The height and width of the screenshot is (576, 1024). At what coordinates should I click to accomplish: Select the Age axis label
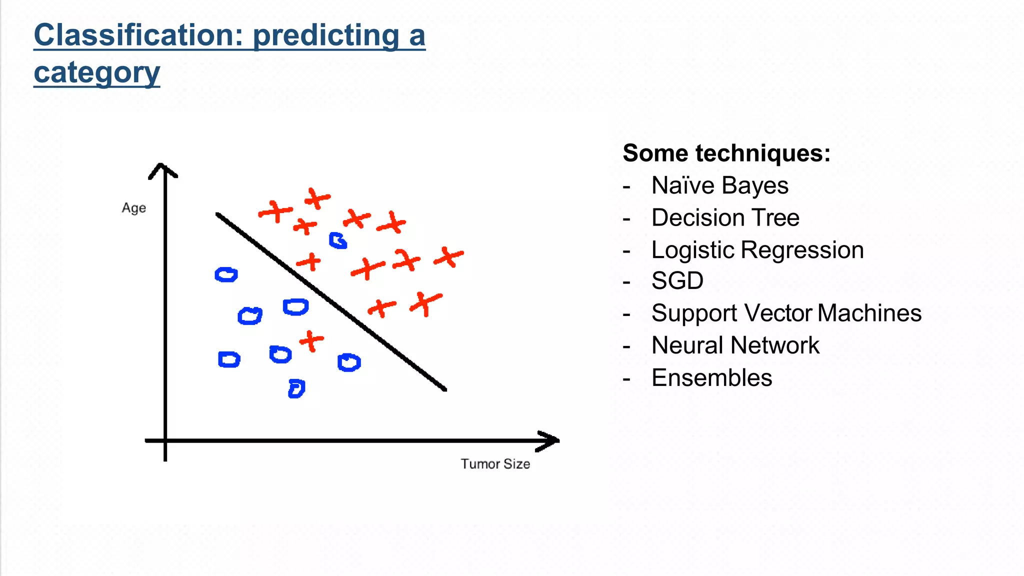click(134, 208)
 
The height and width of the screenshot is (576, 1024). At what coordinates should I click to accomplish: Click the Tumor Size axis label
click(495, 464)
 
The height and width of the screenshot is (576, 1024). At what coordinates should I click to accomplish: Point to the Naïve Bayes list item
click(719, 185)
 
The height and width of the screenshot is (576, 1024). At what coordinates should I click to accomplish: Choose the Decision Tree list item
click(725, 217)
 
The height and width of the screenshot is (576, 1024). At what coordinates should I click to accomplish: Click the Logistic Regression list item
click(757, 249)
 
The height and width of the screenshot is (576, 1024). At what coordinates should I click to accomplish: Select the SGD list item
click(677, 280)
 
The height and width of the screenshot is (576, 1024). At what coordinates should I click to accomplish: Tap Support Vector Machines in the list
click(786, 313)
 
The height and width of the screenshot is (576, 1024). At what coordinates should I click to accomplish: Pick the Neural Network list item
click(735, 345)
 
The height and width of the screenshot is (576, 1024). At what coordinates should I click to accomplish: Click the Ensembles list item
click(711, 377)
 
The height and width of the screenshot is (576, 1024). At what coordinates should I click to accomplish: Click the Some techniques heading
click(726, 153)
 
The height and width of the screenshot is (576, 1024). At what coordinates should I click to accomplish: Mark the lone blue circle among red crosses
click(338, 240)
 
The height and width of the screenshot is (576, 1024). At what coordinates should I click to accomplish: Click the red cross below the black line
click(311, 341)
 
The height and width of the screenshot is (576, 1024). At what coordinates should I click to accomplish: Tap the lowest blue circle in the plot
click(296, 388)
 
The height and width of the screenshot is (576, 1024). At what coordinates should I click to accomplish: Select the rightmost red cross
click(449, 257)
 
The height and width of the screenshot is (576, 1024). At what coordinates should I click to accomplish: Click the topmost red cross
click(317, 198)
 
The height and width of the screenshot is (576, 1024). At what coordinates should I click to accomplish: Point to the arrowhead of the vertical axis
click(162, 169)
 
